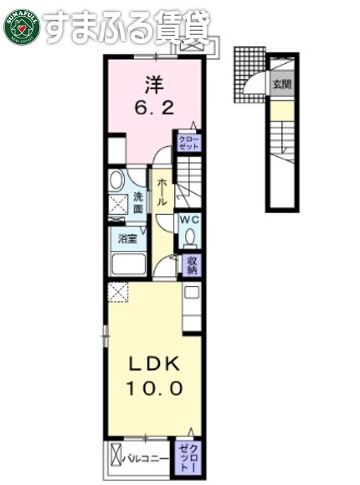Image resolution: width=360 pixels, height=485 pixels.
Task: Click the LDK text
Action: point(154,364)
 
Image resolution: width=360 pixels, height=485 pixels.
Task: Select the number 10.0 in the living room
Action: point(154,389)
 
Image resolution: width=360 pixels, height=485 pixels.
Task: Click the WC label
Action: point(189,219)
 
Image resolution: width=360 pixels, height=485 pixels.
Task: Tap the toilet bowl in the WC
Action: point(190,237)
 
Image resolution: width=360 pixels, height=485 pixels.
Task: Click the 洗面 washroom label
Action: point(138,202)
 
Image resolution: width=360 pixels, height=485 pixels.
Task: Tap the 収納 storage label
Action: point(191,265)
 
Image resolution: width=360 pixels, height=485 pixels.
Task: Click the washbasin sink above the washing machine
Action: point(116,180)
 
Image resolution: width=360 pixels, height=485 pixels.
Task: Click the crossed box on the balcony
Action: point(115,458)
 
